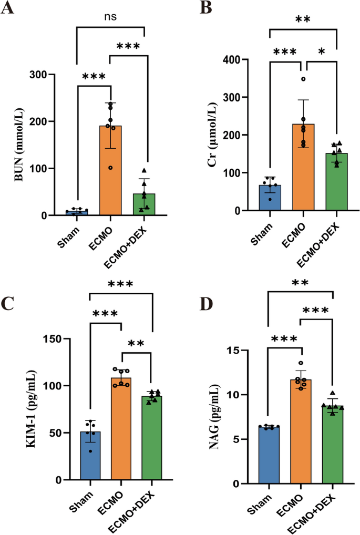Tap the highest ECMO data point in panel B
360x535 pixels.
(x=303, y=79)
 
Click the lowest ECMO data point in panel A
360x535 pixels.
(x=111, y=168)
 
